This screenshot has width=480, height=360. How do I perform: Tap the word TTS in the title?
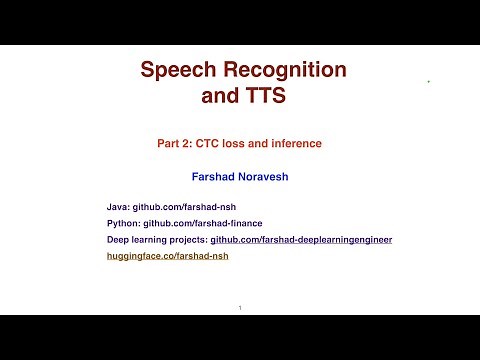[x=264, y=97]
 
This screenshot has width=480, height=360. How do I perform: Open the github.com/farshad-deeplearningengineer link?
[x=301, y=240]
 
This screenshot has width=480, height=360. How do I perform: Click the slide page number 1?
[x=240, y=307]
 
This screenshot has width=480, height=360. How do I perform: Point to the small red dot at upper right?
[x=428, y=81]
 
